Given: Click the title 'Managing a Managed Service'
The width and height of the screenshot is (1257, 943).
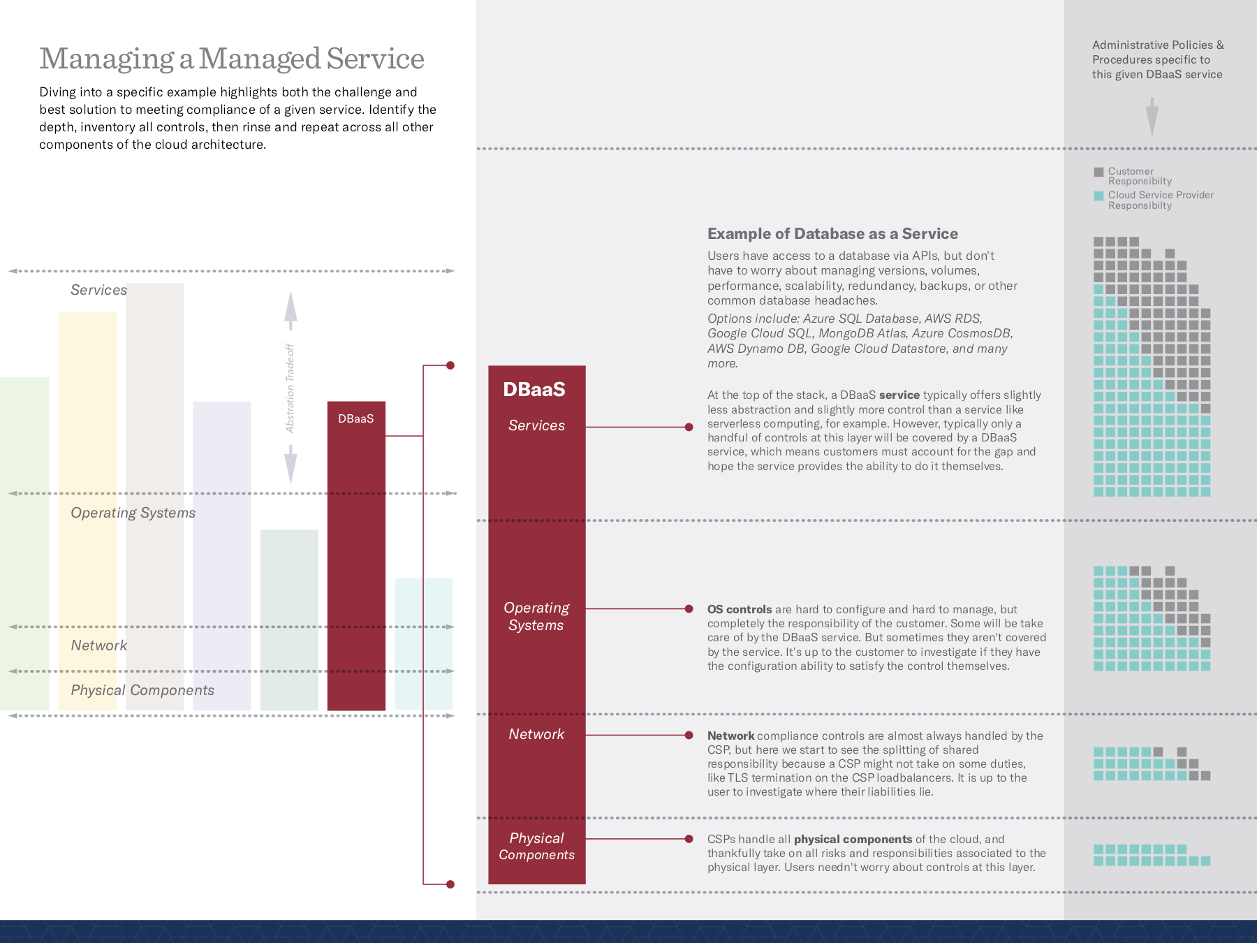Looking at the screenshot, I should point(232,59).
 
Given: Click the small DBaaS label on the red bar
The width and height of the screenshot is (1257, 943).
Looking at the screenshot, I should point(355,418).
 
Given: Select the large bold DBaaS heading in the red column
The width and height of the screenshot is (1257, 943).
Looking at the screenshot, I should point(534,389).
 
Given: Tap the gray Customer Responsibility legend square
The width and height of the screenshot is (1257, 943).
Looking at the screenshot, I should point(1098,172).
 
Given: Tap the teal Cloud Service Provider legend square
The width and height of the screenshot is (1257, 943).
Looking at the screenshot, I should point(1098,196).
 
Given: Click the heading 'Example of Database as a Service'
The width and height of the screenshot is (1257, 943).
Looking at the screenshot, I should point(832,233).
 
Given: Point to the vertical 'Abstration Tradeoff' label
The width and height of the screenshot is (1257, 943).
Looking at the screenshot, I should point(291,388).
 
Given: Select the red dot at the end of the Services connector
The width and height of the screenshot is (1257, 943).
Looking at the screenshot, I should point(689,427).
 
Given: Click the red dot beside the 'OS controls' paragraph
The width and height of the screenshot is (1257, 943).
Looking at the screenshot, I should point(689,609).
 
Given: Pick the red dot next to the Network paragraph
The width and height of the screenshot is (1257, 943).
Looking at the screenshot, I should point(689,735).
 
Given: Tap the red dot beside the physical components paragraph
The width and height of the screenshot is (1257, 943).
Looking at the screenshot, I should point(689,839).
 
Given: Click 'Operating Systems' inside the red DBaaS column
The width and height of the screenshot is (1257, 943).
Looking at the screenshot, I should point(536,616).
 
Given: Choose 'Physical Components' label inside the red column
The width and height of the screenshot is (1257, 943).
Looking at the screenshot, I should point(536,846).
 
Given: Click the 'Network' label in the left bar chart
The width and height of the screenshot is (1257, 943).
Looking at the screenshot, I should point(98,645).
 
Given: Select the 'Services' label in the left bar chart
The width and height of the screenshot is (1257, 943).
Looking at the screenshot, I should point(98,290).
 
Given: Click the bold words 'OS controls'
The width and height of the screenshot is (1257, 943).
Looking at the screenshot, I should point(740,609).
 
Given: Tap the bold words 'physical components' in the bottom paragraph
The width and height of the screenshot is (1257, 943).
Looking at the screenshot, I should point(853,839).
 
